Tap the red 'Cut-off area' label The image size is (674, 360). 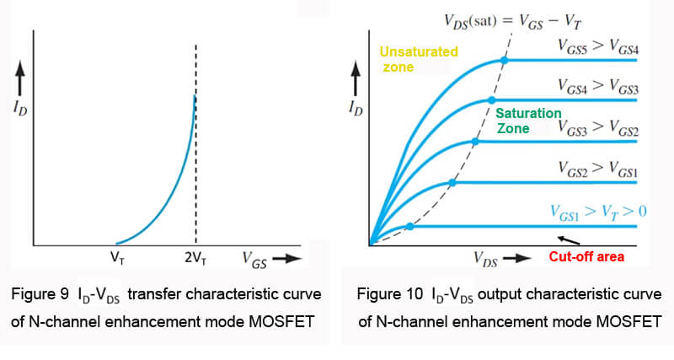(586, 256)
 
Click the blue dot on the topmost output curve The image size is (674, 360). (504, 60)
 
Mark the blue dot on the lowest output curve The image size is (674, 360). (409, 226)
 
